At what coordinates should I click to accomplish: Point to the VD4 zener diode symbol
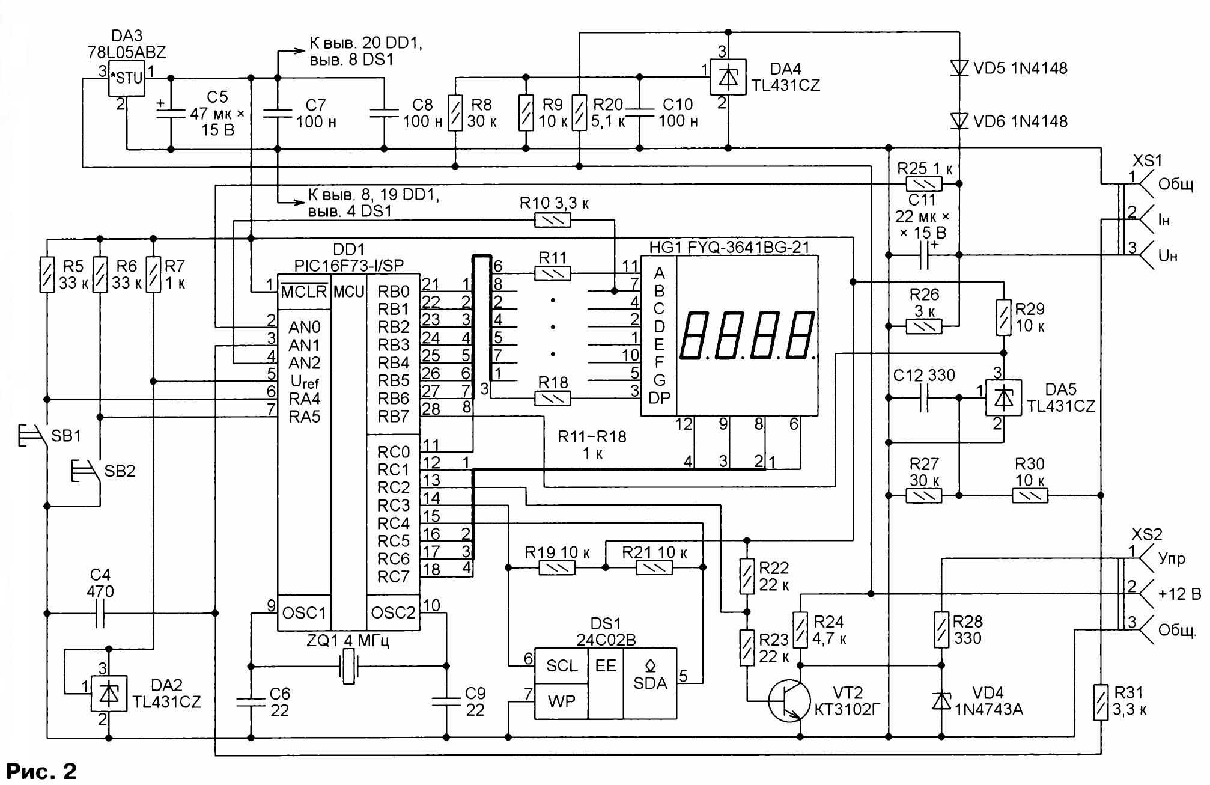pyautogui.click(x=941, y=701)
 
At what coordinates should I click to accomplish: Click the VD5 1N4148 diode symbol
pyautogui.click(x=959, y=67)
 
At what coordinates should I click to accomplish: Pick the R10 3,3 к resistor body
pyautogui.click(x=553, y=221)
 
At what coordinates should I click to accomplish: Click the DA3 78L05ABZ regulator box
pyautogui.click(x=127, y=78)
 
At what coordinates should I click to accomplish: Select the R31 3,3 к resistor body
pyautogui.click(x=1101, y=702)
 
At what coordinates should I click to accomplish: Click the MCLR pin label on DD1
pyautogui.click(x=304, y=292)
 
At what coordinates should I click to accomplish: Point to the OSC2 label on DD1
pyautogui.click(x=393, y=612)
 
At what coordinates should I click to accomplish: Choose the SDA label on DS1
pyautogui.click(x=649, y=683)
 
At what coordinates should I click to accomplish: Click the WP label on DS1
pyautogui.click(x=561, y=701)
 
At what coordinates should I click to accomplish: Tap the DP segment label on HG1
pyautogui.click(x=659, y=398)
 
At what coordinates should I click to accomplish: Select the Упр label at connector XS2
pyautogui.click(x=1172, y=558)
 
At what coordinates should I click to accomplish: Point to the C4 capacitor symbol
pyautogui.click(x=100, y=614)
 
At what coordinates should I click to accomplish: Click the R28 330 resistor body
pyautogui.click(x=941, y=629)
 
